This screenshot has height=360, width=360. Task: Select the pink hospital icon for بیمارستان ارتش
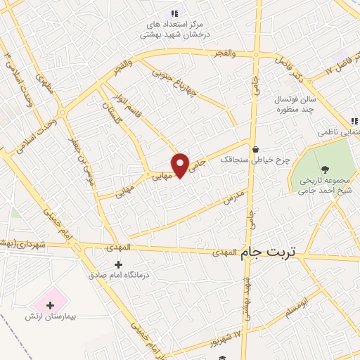(50, 304)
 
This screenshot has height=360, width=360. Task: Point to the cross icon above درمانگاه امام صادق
(118, 265)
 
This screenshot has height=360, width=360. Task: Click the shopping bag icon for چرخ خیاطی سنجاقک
(255, 149)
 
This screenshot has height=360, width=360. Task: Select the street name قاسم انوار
(126, 111)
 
